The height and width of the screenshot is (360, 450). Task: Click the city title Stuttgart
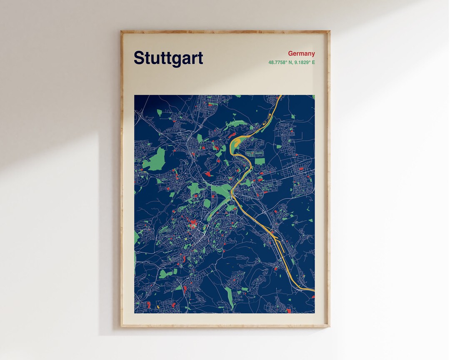point(168,58)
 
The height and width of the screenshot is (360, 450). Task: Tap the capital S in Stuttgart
point(139,58)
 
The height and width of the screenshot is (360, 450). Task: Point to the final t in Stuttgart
point(200,58)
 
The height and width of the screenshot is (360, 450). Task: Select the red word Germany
point(301,53)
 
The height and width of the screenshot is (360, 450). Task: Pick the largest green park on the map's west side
point(154,160)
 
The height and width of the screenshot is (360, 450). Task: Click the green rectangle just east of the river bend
point(260,161)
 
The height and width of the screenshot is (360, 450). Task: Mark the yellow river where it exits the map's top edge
point(281,96)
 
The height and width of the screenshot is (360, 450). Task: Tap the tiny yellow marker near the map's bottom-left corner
point(158,307)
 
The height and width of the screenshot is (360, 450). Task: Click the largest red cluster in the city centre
point(193,225)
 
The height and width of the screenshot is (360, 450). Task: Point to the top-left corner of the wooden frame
point(121,31)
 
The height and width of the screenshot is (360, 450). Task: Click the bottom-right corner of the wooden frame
point(329,327)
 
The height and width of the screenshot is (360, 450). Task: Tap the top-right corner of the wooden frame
point(329,31)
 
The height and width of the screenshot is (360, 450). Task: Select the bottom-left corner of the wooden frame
point(121,327)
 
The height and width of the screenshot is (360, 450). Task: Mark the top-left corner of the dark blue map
point(135,95)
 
